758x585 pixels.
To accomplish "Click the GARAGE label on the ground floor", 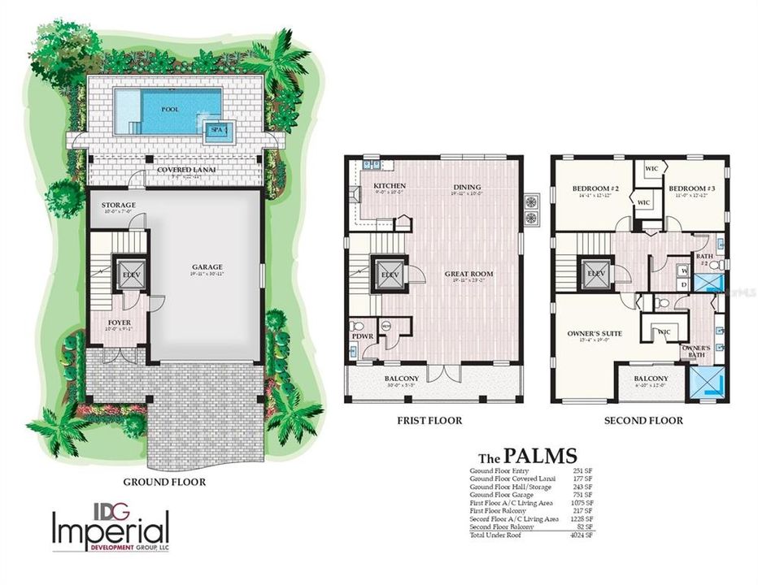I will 207,266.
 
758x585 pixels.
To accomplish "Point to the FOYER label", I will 120,322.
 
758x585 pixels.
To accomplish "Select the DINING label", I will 467,186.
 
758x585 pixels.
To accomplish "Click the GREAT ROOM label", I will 469,274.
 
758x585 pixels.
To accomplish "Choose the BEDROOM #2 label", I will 596,188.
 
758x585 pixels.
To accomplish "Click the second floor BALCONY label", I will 651,379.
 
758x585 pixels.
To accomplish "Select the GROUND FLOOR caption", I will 163,481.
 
